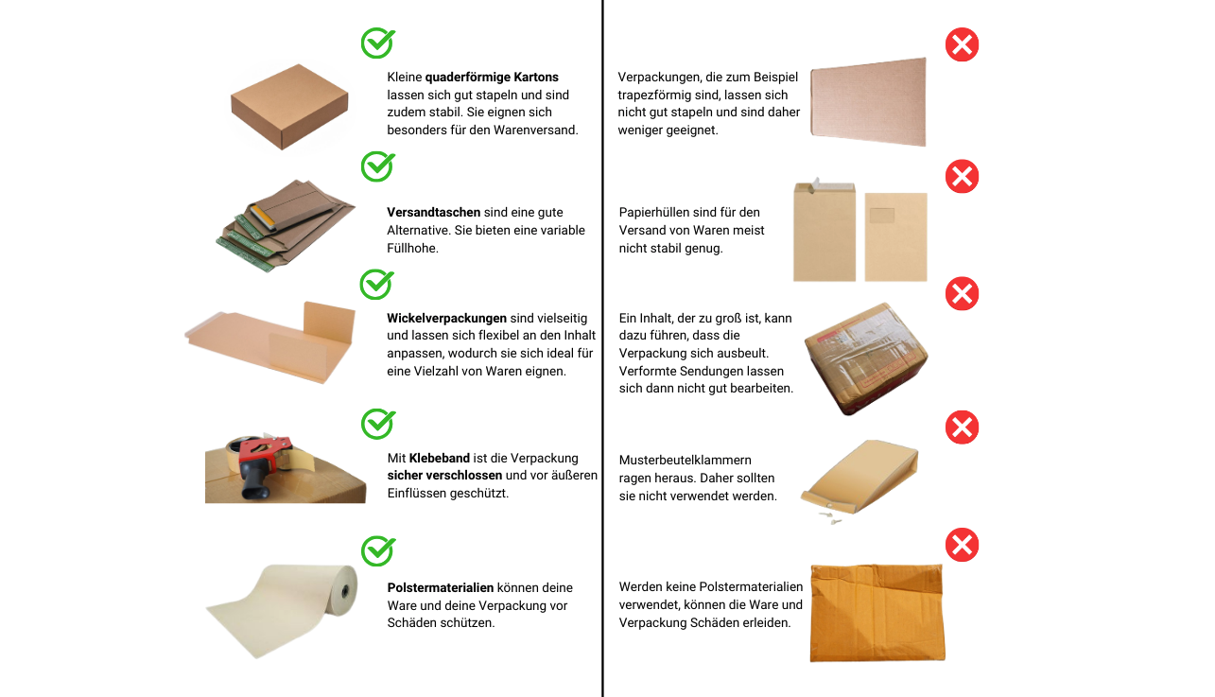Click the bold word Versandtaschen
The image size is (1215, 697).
pos(433,212)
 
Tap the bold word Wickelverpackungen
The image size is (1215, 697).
pos(446,319)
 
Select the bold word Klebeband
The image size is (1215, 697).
pos(440,458)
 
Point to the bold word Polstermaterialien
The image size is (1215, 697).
pos(441,587)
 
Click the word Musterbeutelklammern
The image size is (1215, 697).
pos(686,460)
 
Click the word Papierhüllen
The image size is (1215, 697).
pos(654,213)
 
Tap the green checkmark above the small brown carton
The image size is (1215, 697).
pos(378,43)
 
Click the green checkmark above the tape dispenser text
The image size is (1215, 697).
pos(378,424)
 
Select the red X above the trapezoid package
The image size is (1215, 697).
pos(962,44)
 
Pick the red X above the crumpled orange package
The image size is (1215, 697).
pos(962,545)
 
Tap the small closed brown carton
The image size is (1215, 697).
pos(289,106)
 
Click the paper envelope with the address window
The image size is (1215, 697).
pos(895,236)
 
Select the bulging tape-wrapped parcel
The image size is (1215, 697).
pos(866,358)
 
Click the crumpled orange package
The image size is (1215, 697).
pos(877,613)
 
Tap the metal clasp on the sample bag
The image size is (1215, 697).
pos(831,515)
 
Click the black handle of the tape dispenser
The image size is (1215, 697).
pos(255,480)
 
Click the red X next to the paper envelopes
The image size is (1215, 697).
pos(962,176)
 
